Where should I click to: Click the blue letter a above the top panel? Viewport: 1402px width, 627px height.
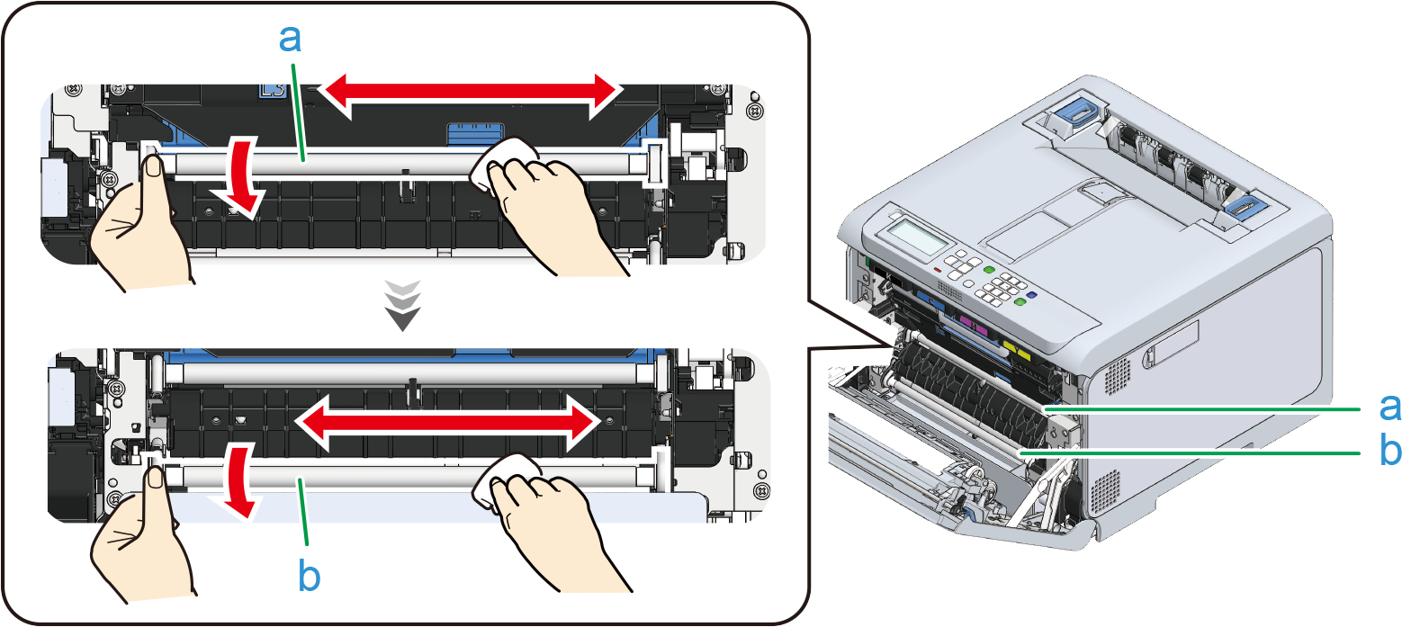[x=291, y=40]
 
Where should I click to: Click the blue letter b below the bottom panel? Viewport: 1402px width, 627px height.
[x=309, y=578]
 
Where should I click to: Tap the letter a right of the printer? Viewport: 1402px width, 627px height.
[x=1390, y=407]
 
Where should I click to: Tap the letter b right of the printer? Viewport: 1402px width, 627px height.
[x=1390, y=450]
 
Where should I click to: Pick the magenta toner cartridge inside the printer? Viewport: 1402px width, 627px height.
[x=966, y=322]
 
